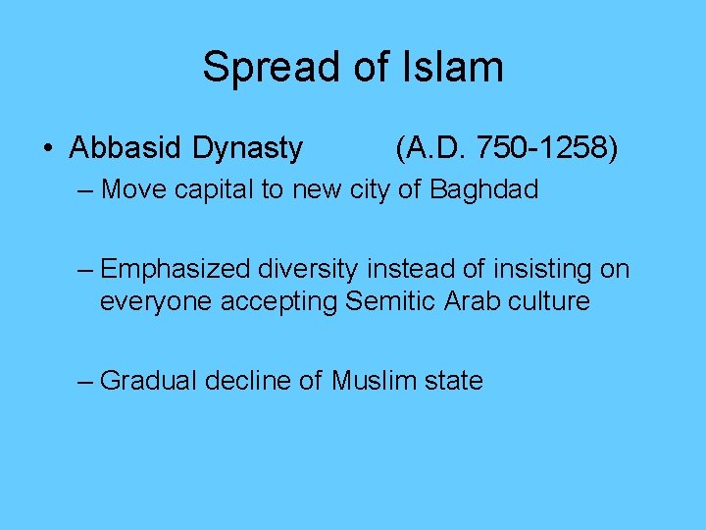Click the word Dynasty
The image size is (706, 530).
[x=248, y=148]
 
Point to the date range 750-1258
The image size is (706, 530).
[x=543, y=148]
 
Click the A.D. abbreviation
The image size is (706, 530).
[x=431, y=148]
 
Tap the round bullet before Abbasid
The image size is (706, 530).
[x=48, y=149]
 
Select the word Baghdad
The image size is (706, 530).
[x=484, y=188]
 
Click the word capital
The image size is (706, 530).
[x=215, y=188]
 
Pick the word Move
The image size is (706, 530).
[x=133, y=188]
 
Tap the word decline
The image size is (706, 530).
[x=244, y=380]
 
